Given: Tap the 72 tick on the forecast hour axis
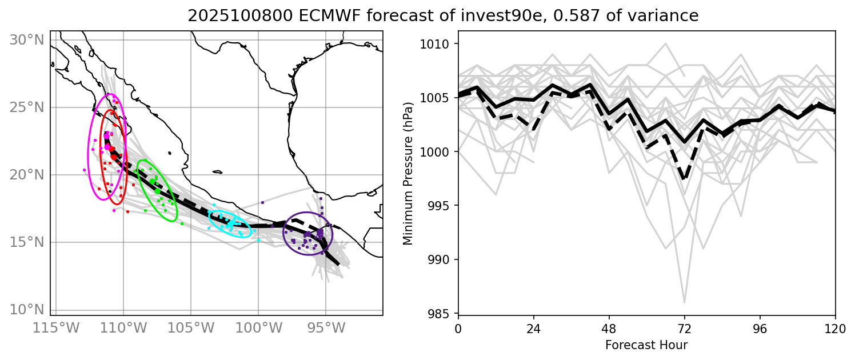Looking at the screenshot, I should coord(684,330).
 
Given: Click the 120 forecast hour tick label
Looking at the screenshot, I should coord(835,330).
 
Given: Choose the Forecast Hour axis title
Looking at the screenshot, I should coord(646,345).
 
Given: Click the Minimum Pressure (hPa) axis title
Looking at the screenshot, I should coord(408,178).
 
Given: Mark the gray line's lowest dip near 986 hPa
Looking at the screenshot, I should coord(684,302).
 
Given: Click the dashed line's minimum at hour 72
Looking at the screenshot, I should coord(684,179).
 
